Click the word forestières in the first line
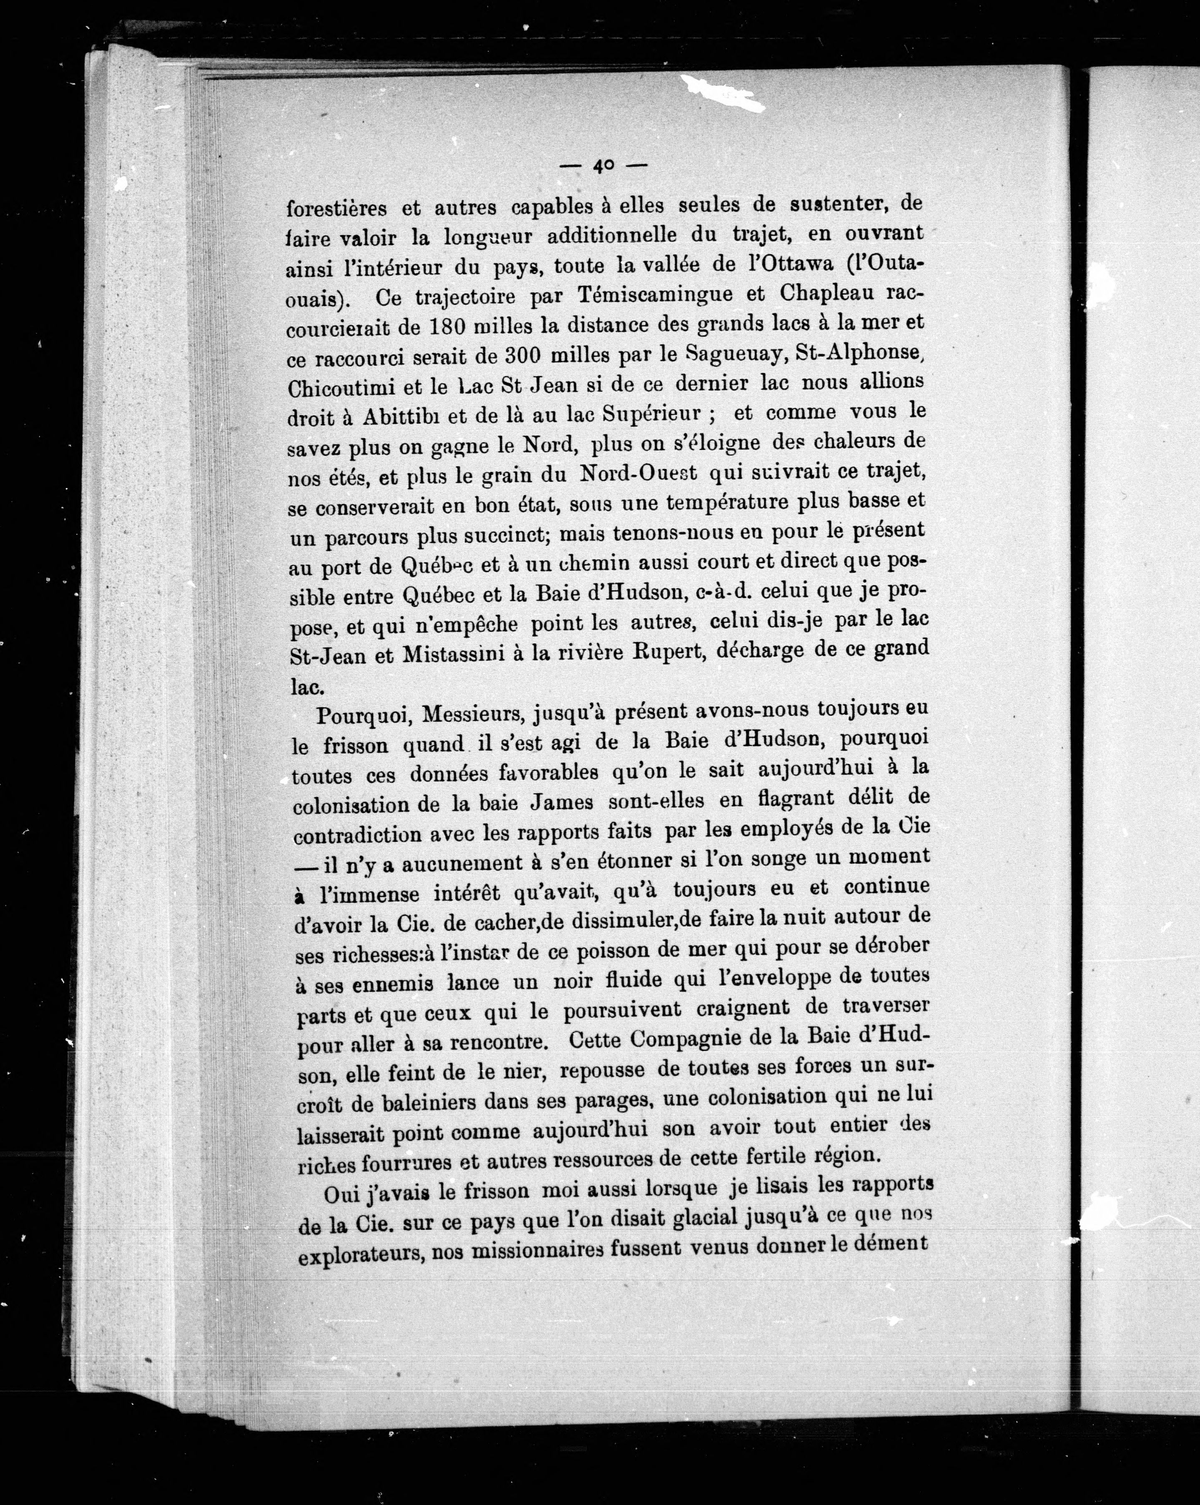336,207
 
